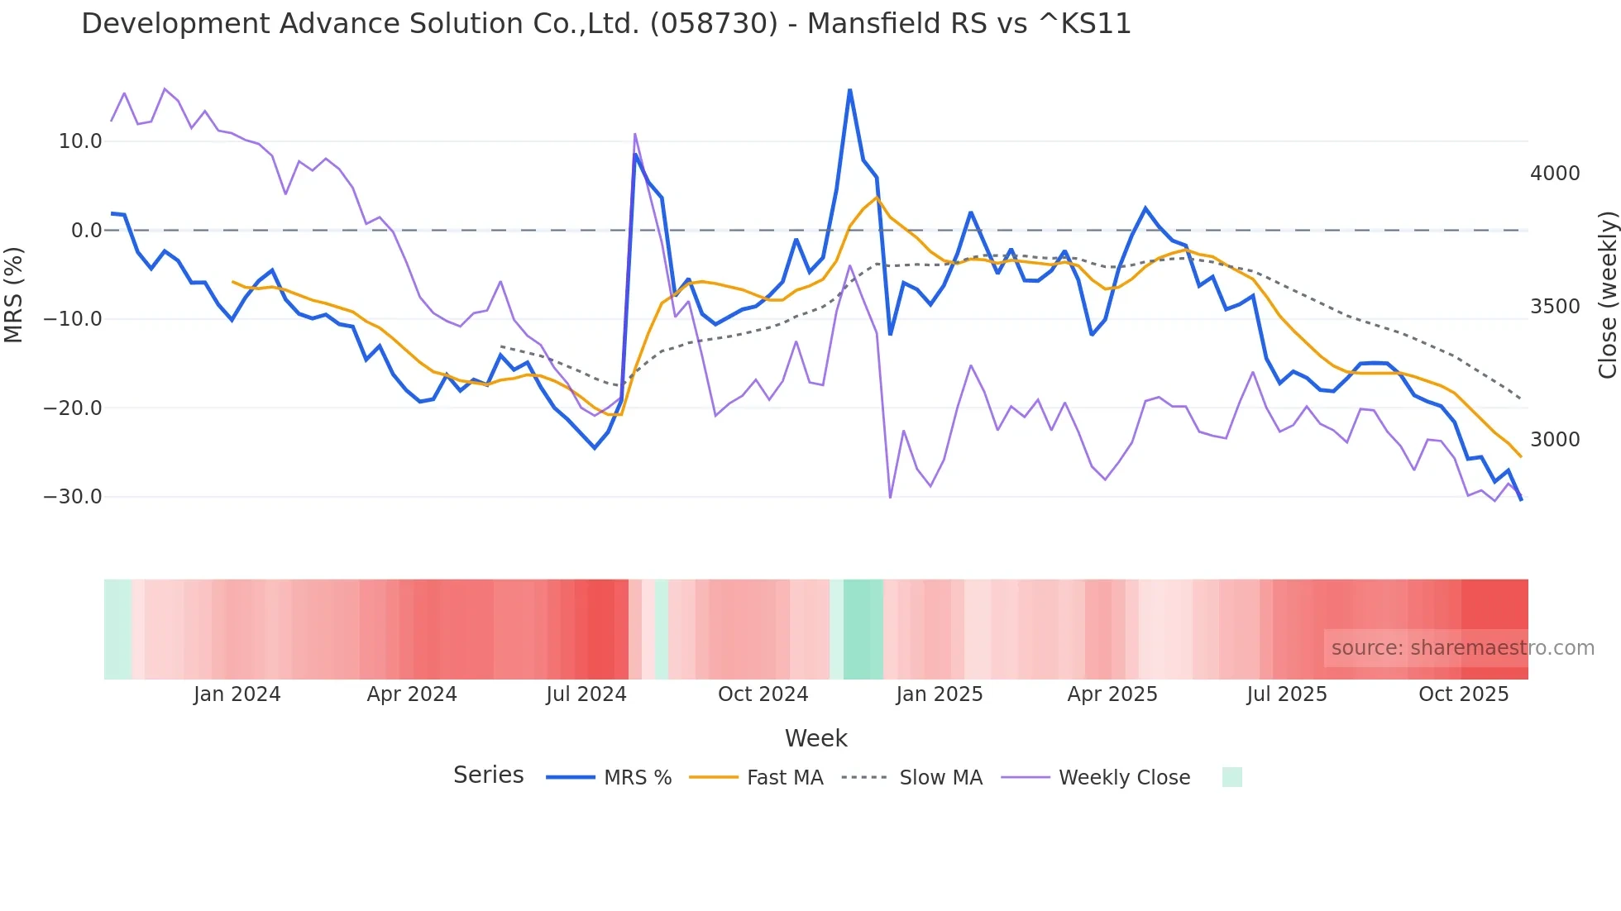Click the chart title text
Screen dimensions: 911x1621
coord(605,24)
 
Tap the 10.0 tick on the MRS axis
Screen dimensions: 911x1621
coord(80,141)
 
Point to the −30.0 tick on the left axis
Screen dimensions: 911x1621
coord(73,497)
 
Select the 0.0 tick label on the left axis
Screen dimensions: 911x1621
coord(86,231)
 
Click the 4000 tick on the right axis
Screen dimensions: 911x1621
coord(1555,174)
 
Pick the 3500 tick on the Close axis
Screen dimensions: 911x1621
coord(1555,307)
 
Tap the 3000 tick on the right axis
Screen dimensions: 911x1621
coord(1555,440)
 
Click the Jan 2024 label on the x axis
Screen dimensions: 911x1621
coord(237,694)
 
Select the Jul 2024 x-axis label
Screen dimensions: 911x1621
coord(586,694)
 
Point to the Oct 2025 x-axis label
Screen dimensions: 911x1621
coord(1463,694)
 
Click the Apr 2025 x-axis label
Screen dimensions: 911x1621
coord(1112,694)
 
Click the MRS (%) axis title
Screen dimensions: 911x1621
coord(14,294)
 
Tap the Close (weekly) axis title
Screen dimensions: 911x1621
coord(1607,294)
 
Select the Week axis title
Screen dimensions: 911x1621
coord(815,738)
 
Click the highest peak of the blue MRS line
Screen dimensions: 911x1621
coord(849,90)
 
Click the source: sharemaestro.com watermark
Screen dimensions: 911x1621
coord(1462,648)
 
